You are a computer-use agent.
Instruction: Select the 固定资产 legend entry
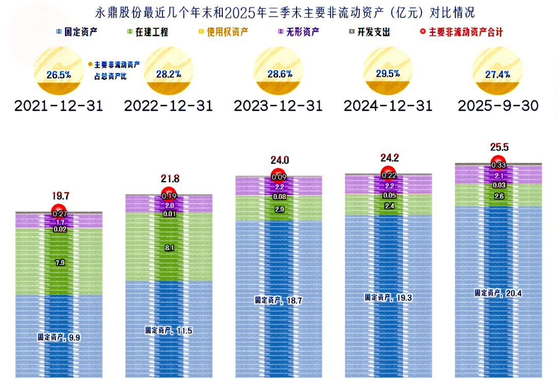(x=77, y=32)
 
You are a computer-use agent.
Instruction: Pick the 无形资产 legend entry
(x=298, y=32)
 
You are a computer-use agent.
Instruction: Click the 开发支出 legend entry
(x=369, y=32)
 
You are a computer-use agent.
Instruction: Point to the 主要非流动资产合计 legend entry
(x=461, y=32)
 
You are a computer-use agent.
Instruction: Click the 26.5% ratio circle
(x=58, y=74)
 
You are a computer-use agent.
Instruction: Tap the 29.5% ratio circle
(x=388, y=73)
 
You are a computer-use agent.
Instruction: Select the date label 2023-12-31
(x=278, y=106)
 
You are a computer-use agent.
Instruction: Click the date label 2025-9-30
(x=498, y=106)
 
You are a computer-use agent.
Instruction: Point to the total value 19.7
(x=59, y=196)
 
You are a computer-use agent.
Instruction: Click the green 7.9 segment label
(x=59, y=263)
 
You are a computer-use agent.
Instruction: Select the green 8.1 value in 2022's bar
(x=169, y=247)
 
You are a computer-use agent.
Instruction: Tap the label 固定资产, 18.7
(x=278, y=300)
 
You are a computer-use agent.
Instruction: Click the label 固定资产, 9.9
(x=59, y=337)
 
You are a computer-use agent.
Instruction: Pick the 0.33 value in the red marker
(x=498, y=165)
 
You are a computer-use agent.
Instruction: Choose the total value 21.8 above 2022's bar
(x=170, y=179)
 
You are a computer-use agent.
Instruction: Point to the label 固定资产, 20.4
(x=498, y=292)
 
